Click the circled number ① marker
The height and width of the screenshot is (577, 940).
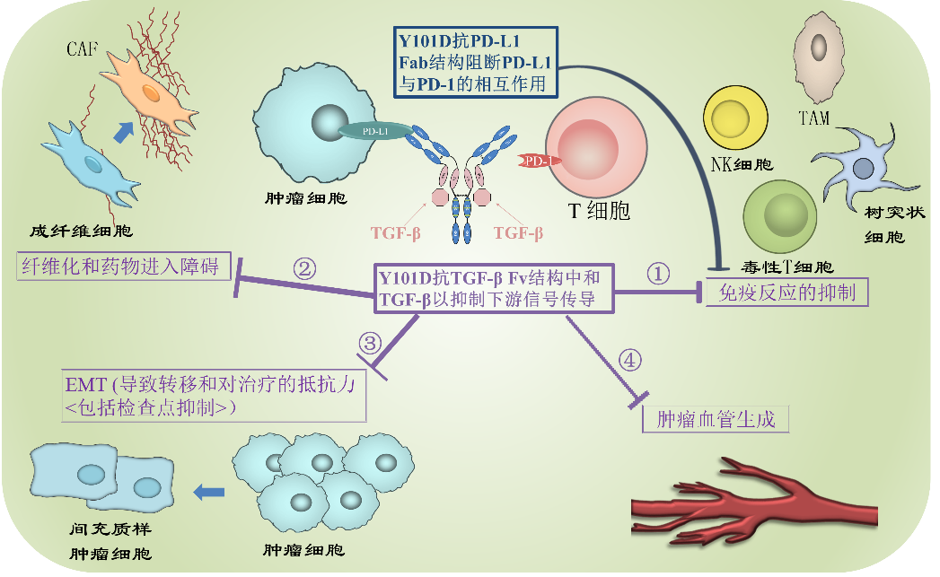[x=659, y=274]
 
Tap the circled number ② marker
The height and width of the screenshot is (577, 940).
[x=305, y=267]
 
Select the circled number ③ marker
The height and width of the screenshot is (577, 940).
[x=370, y=342]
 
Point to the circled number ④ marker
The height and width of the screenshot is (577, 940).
[x=631, y=361]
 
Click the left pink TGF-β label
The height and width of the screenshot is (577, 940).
[x=396, y=233]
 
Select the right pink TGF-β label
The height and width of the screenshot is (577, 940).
[x=518, y=233]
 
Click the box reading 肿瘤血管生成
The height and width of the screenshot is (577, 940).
[x=716, y=419]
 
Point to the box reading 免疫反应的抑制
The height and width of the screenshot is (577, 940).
[x=787, y=293]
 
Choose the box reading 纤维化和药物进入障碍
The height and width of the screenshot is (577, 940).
[x=124, y=267]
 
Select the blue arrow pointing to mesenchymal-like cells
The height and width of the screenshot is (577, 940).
[x=208, y=491]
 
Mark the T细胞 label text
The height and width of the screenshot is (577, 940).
[x=600, y=210]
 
